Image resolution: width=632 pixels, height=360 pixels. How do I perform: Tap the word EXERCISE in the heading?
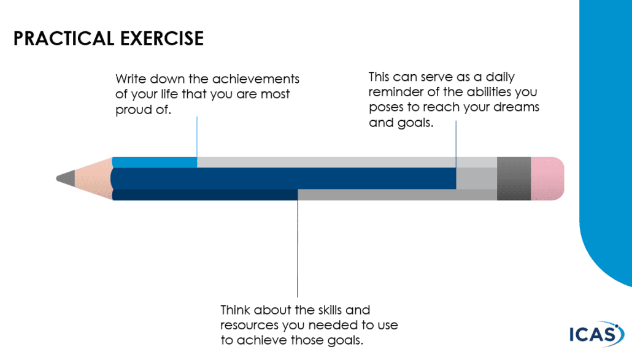tap(162, 39)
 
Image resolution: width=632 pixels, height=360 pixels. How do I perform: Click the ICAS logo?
tap(596, 334)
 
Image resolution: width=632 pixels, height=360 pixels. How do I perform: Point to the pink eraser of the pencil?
tap(547, 179)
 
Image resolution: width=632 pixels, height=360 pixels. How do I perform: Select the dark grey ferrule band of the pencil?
tap(514, 179)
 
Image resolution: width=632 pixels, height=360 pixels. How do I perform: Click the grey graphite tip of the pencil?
tap(66, 178)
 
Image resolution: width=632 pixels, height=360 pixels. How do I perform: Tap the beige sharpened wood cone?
tap(93, 178)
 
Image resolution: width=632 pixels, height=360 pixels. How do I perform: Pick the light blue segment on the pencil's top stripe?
tap(155, 163)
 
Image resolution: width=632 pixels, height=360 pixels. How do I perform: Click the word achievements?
tap(255, 79)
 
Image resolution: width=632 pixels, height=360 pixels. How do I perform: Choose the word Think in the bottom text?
tap(236, 310)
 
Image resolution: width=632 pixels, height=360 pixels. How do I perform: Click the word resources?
tap(250, 326)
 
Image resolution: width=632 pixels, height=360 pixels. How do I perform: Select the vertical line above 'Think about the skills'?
tap(298, 248)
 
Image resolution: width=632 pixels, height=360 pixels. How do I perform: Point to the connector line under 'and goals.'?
tap(457, 144)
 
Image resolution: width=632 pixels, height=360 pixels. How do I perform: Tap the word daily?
tap(500, 77)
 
